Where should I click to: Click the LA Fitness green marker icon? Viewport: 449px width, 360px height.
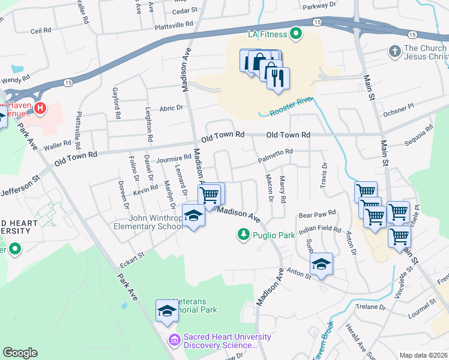pos(295,34)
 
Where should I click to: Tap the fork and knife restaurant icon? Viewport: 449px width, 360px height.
pos(278,79)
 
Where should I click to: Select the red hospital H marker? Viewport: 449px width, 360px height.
pos(40,108)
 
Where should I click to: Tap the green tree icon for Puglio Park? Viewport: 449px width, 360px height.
pos(244,234)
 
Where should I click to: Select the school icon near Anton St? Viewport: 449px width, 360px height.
pos(321,264)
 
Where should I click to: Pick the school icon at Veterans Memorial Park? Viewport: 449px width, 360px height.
pos(167,311)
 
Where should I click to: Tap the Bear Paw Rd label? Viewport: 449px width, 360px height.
pos(317,214)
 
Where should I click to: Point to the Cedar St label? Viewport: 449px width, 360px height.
pos(184,11)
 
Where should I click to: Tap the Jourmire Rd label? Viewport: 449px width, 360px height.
pos(173,159)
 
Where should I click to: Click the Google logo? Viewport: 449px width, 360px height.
pos(20,353)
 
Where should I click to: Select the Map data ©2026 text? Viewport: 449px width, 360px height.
pos(423,355)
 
